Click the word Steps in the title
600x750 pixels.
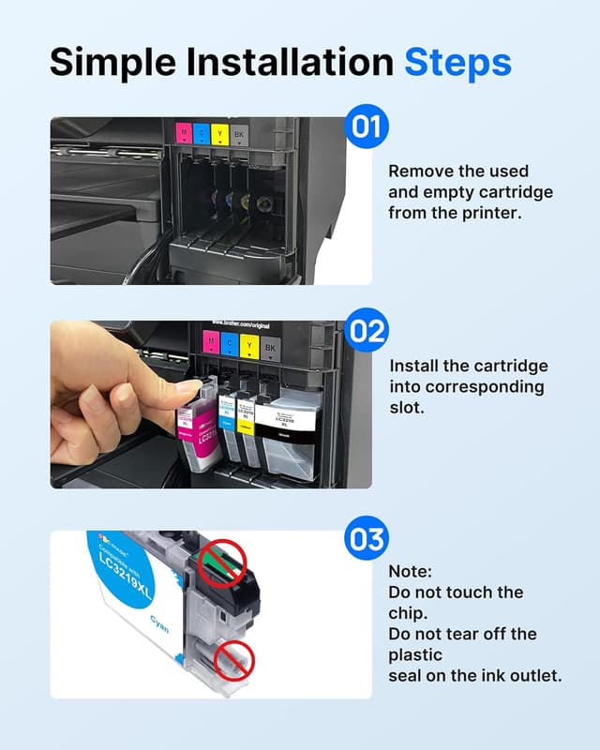click(x=457, y=62)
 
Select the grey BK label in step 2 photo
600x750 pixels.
click(x=270, y=348)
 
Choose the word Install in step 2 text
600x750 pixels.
click(x=413, y=367)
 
